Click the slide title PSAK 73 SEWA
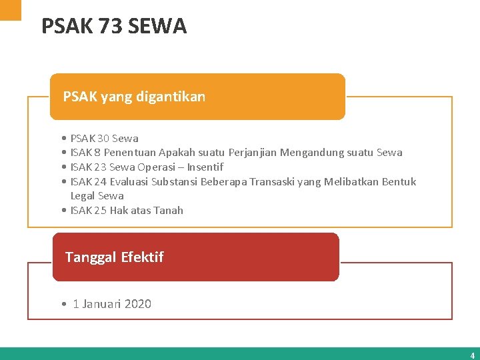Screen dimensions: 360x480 click(x=114, y=26)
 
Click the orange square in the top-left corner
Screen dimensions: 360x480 click(x=10, y=9)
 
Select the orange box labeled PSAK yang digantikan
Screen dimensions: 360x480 click(x=198, y=97)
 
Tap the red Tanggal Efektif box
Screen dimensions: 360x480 click(x=195, y=257)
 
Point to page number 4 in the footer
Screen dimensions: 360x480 click(x=472, y=355)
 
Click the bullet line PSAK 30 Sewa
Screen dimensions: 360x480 click(x=104, y=139)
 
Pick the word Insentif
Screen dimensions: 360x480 click(x=205, y=167)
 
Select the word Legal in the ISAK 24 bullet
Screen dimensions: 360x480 click(x=83, y=196)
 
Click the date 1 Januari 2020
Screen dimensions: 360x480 click(x=111, y=304)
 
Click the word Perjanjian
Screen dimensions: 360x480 click(x=252, y=153)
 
